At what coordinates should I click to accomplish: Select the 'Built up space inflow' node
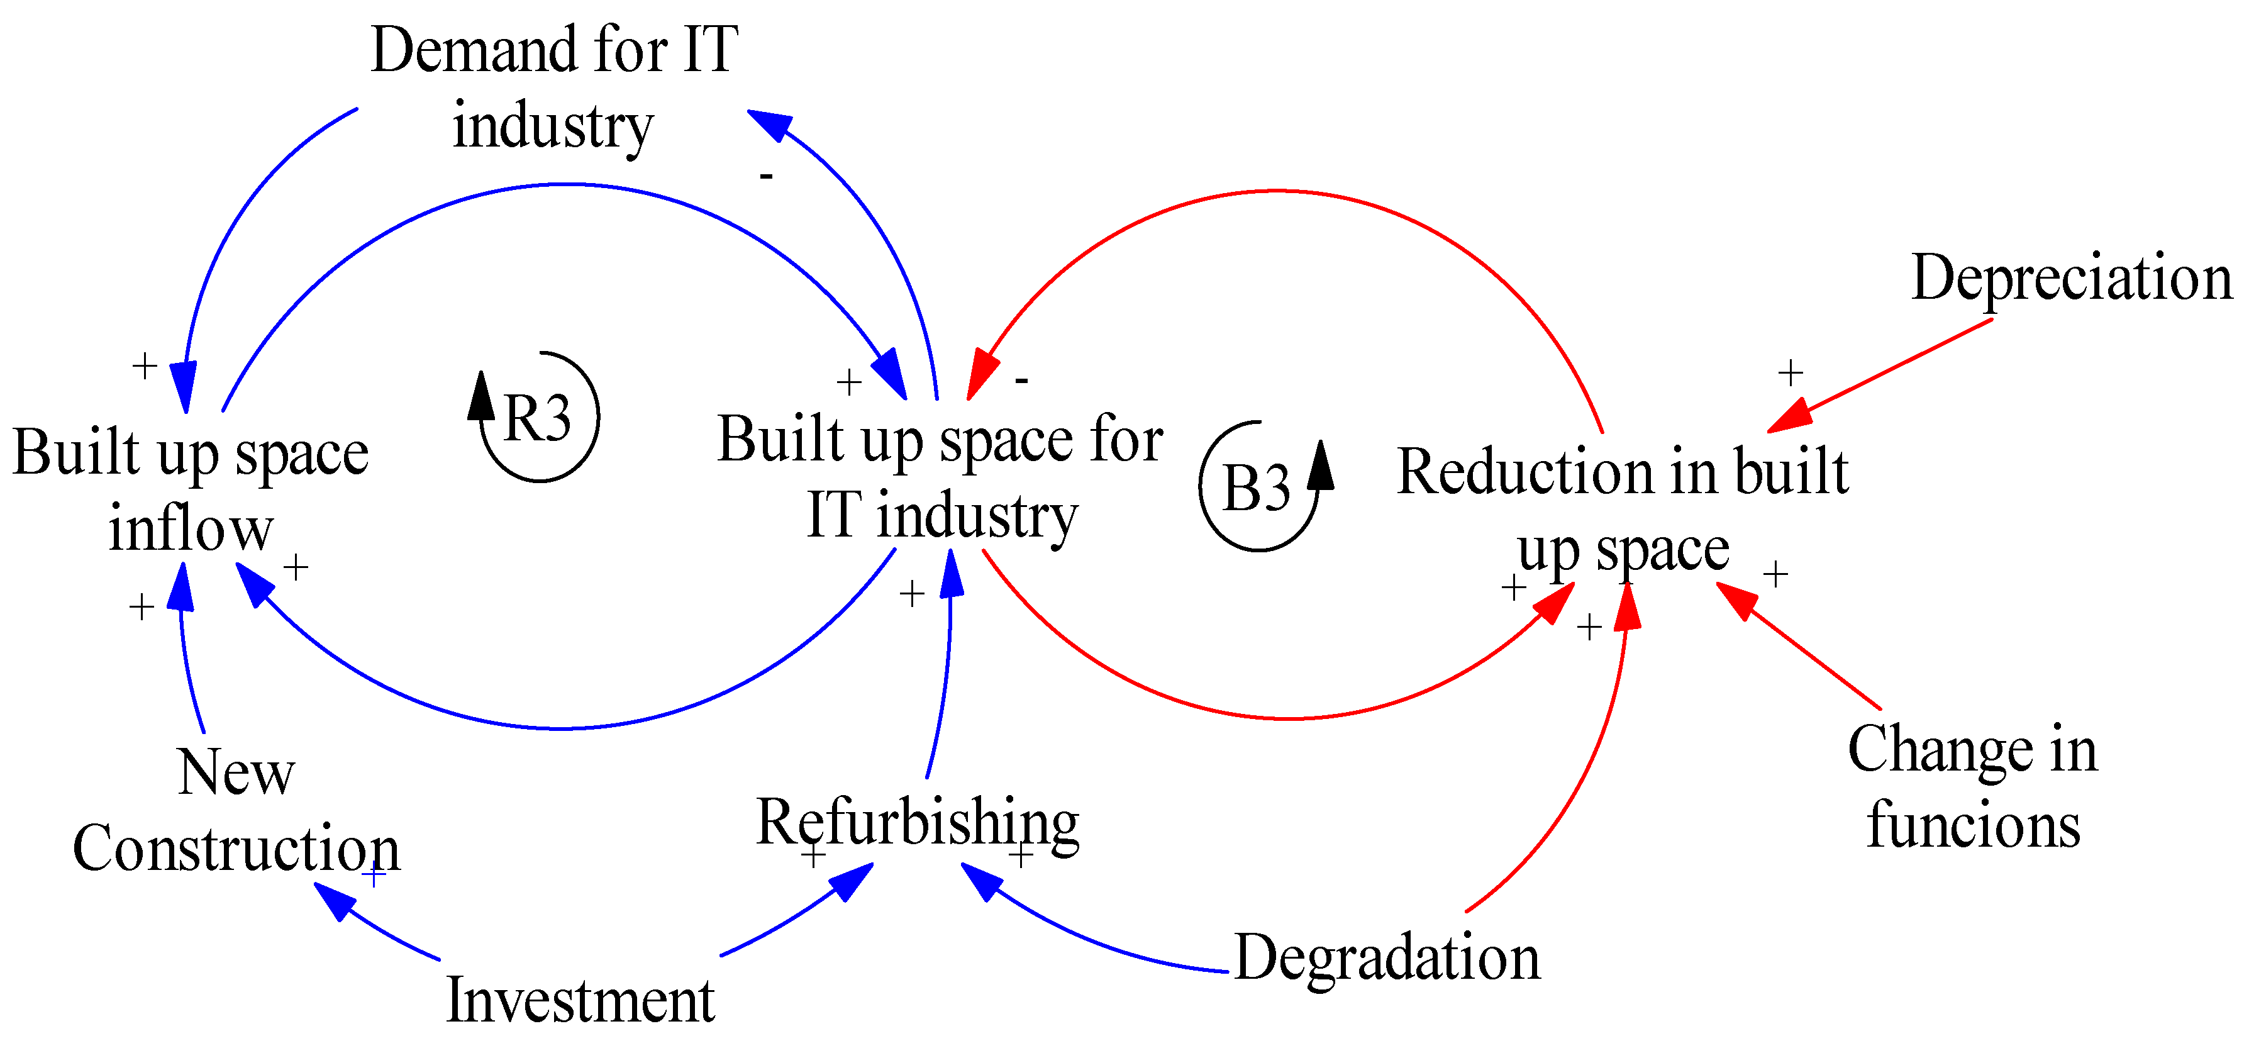coord(191,491)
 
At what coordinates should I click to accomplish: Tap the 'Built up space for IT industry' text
coord(940,476)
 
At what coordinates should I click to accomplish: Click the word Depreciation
coord(2071,277)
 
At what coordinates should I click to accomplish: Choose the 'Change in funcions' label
coord(1972,787)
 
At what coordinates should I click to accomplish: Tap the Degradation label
coord(1386,958)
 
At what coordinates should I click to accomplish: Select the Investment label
coord(580,1000)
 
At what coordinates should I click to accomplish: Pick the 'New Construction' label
coord(236,810)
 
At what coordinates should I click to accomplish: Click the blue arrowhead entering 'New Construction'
coord(333,900)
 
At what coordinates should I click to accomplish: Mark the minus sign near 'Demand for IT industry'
coord(765,176)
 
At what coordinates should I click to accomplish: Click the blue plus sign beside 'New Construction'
coord(374,873)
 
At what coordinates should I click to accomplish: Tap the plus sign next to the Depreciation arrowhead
coord(1791,373)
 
